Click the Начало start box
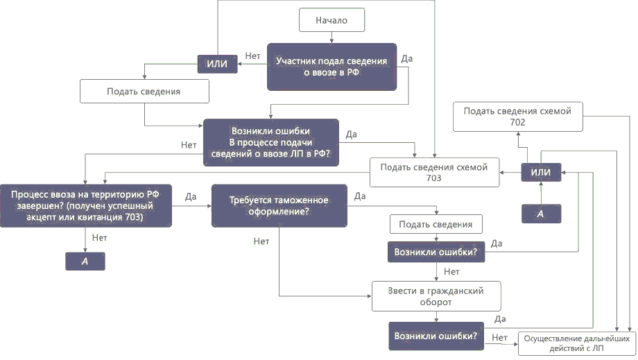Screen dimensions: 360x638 pos(331,20)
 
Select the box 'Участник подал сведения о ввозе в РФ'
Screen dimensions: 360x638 pos(331,67)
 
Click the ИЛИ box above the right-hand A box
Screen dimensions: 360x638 pos(541,172)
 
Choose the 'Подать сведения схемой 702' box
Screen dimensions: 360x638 pos(518,117)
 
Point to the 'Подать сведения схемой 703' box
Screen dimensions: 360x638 pos(434,173)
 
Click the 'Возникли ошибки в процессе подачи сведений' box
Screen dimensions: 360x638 pos(270,142)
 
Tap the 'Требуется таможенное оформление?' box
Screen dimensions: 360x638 pos(279,205)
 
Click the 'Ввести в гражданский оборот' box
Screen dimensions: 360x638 pos(437,297)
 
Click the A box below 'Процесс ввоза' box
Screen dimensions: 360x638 pos(85,261)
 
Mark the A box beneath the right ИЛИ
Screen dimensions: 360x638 pos(541,214)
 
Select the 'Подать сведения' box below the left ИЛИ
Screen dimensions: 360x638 pos(144,92)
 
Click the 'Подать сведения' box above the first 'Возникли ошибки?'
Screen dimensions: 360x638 pos(436,224)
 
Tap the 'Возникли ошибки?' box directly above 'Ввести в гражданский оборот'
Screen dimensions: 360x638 pos(436,252)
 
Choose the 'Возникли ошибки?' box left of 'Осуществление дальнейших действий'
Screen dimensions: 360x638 pos(436,336)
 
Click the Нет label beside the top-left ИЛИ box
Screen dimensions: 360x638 pos(252,55)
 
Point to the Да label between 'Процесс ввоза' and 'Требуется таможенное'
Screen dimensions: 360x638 pos(191,196)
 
